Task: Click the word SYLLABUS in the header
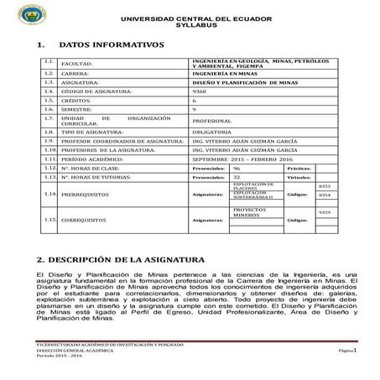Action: coord(190,27)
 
